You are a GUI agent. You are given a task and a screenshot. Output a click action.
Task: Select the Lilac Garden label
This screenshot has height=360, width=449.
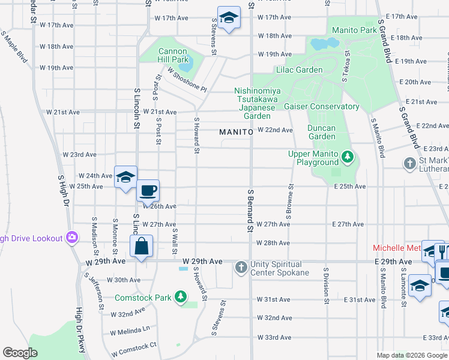[300, 70]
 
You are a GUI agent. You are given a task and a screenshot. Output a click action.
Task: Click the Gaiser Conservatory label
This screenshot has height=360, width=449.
[322, 107]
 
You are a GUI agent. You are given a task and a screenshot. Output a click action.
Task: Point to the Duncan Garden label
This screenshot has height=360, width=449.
[321, 132]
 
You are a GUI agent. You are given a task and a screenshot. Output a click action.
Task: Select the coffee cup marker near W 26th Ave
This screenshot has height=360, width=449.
[148, 191]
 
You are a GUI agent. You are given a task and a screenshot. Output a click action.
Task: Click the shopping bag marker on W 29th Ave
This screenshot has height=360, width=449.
[141, 246]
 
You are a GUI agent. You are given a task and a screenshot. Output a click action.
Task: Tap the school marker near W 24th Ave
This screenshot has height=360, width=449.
[126, 177]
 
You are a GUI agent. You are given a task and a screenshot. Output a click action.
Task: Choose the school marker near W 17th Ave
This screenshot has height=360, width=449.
[229, 18]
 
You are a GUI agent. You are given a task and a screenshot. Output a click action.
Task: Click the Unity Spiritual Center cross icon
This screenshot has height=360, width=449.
[241, 266]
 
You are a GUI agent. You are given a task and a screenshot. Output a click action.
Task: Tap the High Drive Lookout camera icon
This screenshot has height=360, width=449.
[72, 238]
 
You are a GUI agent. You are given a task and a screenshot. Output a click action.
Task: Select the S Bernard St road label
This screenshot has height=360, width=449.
[250, 210]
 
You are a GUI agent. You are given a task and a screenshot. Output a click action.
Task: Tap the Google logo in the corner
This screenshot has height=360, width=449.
[20, 353]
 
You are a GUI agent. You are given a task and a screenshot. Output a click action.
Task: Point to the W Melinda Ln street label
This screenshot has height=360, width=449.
[129, 331]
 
